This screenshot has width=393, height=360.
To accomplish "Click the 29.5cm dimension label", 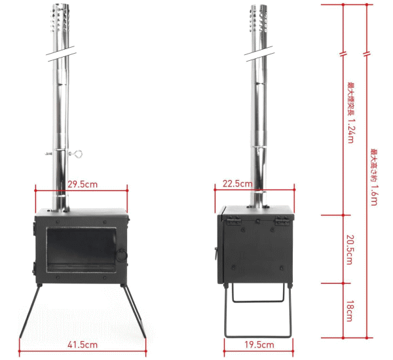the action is pyautogui.click(x=83, y=185).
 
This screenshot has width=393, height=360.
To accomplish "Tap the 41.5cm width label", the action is pyautogui.click(x=83, y=344).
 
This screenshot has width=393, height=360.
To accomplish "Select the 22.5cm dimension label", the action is pyautogui.click(x=238, y=184).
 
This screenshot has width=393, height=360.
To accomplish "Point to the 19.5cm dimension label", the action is pyautogui.click(x=259, y=344).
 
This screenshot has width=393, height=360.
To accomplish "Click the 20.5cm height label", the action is pyautogui.click(x=349, y=249).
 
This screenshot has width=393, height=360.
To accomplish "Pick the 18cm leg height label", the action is pyautogui.click(x=349, y=311).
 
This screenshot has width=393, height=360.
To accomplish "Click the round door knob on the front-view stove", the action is pyautogui.click(x=122, y=255).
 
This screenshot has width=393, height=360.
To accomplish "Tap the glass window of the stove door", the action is pyautogui.click(x=81, y=249).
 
